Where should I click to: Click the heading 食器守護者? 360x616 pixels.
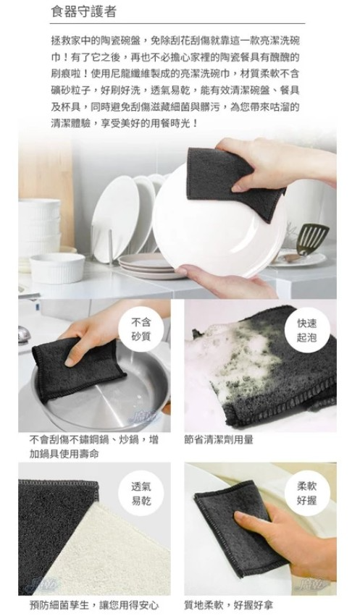coord(84,12)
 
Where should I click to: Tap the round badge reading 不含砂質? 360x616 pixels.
coord(141,329)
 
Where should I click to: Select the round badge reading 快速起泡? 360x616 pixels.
coord(306,330)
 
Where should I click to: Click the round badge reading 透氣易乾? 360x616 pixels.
coord(141,494)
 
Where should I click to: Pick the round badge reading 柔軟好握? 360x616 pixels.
coord(306,494)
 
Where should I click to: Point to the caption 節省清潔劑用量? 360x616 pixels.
coord(219,439)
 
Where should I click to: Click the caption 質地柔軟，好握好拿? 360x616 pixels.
coord(228,605)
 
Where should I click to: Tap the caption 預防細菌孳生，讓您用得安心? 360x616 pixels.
coord(94,605)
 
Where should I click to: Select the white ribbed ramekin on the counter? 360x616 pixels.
coord(57,268)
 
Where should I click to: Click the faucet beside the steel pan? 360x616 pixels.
coord(24,334)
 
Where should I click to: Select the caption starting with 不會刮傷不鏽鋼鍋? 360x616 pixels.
coord(94,447)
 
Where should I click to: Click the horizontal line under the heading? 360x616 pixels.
coord(177,24)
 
